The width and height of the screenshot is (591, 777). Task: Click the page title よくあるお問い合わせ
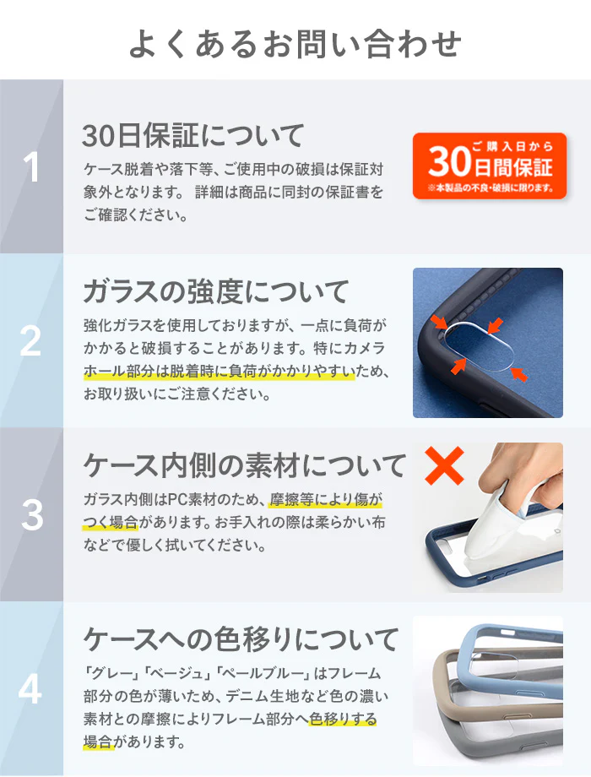click(295, 44)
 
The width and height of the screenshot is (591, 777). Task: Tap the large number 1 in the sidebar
click(31, 167)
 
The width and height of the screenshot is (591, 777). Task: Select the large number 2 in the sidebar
click(30, 341)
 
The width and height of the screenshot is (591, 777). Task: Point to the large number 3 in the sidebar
click(32, 515)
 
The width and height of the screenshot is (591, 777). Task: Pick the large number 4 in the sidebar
click(30, 689)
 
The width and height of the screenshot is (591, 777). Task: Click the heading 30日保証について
click(193, 136)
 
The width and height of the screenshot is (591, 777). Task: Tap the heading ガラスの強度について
click(216, 291)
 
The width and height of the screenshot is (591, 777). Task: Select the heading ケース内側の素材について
click(245, 466)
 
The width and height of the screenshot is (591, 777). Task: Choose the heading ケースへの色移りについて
click(241, 639)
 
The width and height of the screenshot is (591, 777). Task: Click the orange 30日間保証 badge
click(490, 166)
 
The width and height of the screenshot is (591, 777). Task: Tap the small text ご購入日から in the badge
click(512, 146)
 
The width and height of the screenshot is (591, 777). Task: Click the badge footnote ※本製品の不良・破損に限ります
click(491, 188)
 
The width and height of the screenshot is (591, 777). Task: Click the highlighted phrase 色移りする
click(344, 719)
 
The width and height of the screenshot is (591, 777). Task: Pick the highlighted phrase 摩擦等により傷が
click(326, 499)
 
